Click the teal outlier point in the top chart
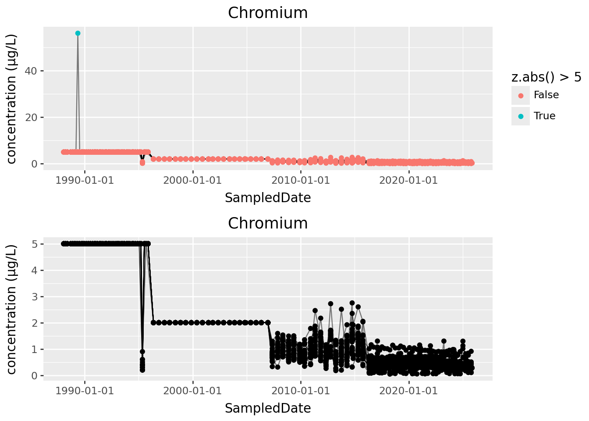(78, 33)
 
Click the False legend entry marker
(521, 96)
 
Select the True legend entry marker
(521, 116)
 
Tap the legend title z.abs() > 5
(546, 77)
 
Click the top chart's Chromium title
(268, 13)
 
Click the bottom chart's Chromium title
(268, 223)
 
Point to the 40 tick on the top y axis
(34, 71)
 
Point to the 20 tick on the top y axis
(34, 118)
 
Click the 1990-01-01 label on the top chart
(85, 180)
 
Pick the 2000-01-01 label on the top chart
(192, 180)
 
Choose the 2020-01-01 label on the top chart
(408, 180)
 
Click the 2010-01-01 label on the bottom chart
(301, 391)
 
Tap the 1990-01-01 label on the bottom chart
(85, 391)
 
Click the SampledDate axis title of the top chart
(268, 198)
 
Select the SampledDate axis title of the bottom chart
(268, 408)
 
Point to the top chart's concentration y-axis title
(12, 98)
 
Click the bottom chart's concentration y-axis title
(12, 309)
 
